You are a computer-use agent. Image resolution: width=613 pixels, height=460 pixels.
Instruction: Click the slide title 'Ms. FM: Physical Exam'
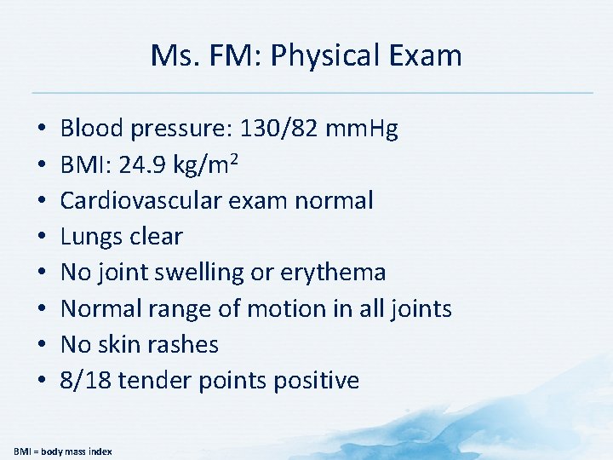pos(306,56)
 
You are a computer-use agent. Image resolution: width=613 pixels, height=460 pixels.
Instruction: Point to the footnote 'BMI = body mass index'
pos(62,450)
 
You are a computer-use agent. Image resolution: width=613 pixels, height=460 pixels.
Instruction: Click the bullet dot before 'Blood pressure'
pos(41,129)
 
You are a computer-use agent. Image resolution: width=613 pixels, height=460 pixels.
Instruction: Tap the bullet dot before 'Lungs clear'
pos(41,237)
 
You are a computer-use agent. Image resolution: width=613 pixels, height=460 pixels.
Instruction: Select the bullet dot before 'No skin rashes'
pos(41,344)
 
